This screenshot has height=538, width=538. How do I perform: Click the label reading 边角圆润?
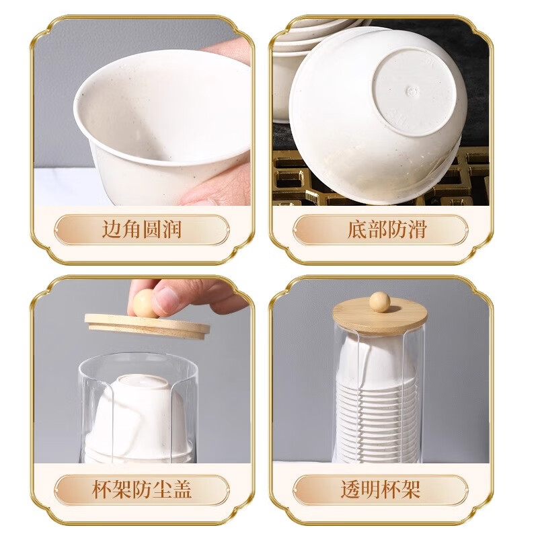point(141,230)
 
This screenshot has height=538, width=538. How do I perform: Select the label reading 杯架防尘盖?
point(141,489)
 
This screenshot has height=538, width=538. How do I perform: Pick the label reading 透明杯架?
point(381,489)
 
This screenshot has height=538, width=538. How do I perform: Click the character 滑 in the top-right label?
point(417,230)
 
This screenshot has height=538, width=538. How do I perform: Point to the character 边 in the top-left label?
point(112,230)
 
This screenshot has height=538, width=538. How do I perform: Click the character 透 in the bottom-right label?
point(350,489)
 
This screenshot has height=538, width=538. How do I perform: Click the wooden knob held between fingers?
point(144,303)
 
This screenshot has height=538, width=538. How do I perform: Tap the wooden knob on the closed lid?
point(380,301)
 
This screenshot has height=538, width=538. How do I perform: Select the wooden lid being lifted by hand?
point(147,325)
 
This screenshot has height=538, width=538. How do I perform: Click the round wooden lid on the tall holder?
point(380,319)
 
